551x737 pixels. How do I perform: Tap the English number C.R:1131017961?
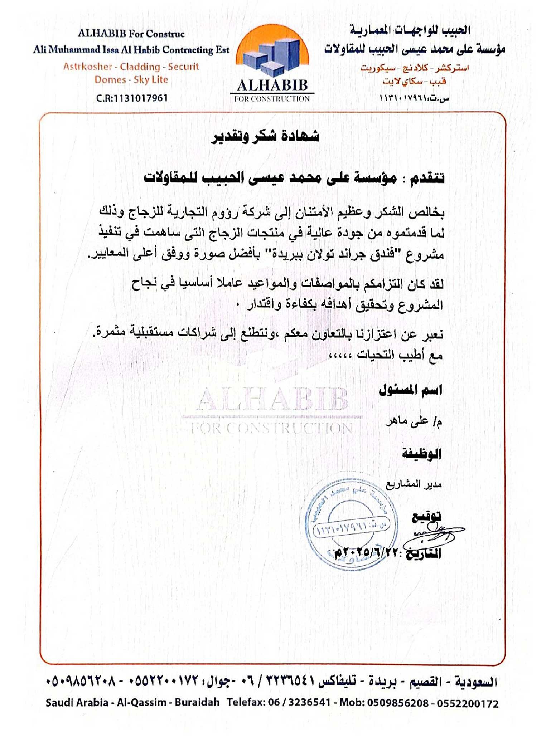[x=132, y=98]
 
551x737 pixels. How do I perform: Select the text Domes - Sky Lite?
[x=131, y=80]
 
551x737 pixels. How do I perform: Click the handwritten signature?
[x=435, y=533]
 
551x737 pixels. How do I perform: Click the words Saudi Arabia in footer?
[x=77, y=702]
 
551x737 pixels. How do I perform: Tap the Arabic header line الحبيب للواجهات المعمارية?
[x=410, y=30]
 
